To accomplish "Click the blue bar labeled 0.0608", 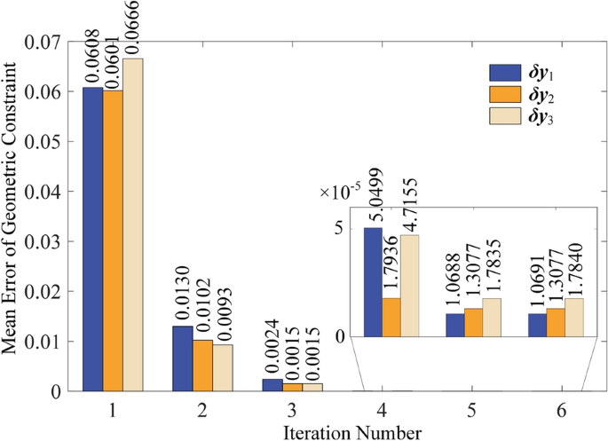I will coord(93,239).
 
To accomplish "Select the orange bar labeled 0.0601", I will coord(113,240).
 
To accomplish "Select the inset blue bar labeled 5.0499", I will coord(375,282).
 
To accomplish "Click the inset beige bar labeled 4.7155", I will coord(411,286).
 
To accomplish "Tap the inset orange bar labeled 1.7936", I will coord(392,317).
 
